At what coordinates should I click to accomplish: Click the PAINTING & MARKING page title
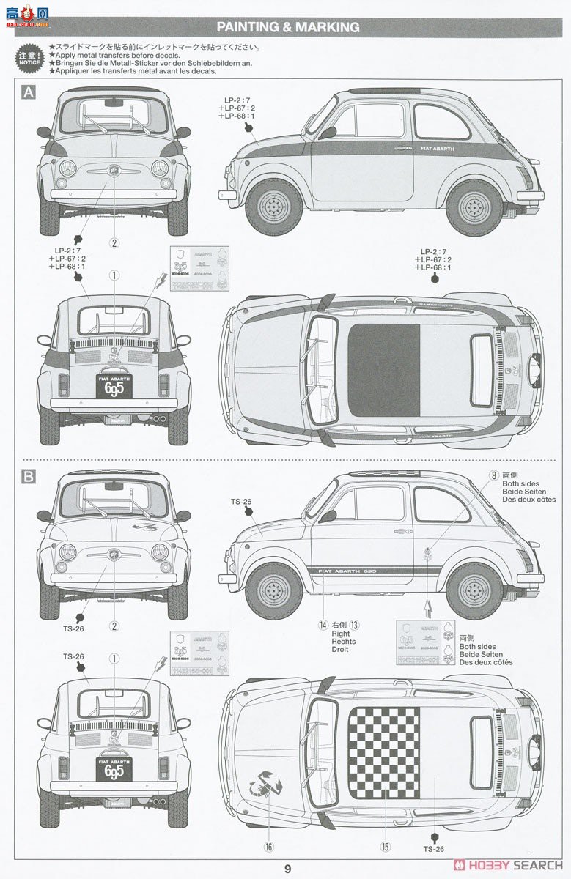pyautogui.click(x=288, y=27)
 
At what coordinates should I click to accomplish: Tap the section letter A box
pyautogui.click(x=29, y=92)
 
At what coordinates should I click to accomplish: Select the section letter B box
pyautogui.click(x=29, y=477)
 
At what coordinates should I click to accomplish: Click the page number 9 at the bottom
pyautogui.click(x=288, y=869)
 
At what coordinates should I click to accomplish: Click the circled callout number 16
pyautogui.click(x=269, y=847)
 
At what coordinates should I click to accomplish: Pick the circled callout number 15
pyautogui.click(x=384, y=847)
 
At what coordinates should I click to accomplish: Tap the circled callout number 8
pyautogui.click(x=494, y=475)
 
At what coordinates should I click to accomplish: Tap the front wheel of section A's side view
pyautogui.click(x=274, y=206)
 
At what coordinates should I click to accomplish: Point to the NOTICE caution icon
pyautogui.click(x=29, y=58)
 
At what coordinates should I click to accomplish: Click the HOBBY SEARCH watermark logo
pyautogui.click(x=509, y=865)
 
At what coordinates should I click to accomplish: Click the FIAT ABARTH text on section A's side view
pyautogui.click(x=438, y=149)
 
